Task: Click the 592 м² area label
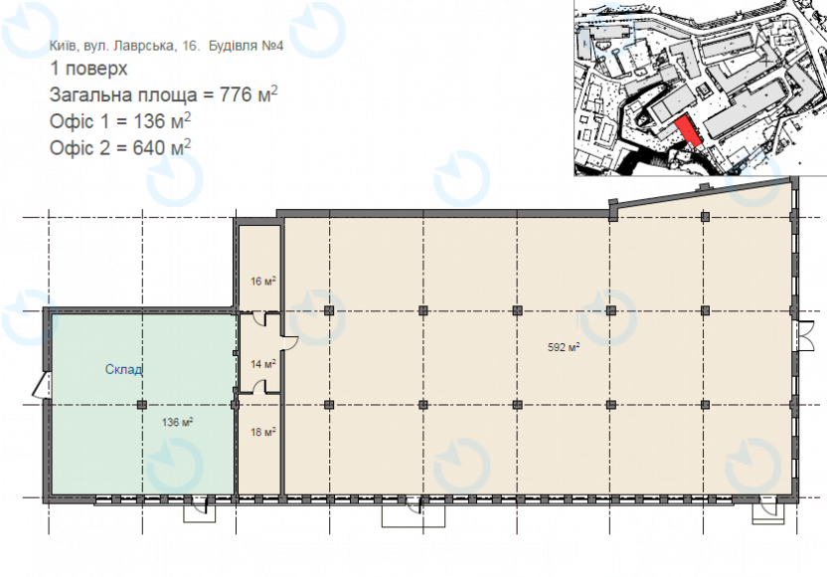(564, 347)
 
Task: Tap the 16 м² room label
(263, 282)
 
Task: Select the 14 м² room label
(263, 364)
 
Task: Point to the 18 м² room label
(263, 433)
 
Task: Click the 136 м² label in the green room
(177, 423)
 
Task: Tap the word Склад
(124, 369)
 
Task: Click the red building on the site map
(688, 131)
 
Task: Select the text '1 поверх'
(88, 69)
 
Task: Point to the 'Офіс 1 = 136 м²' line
(120, 121)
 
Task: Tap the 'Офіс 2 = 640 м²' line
(120, 148)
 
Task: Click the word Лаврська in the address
(142, 46)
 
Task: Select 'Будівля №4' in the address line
(247, 46)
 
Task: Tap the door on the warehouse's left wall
(41, 385)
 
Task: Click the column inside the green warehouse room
(142, 405)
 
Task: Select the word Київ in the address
(65, 46)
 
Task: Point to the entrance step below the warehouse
(200, 512)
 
